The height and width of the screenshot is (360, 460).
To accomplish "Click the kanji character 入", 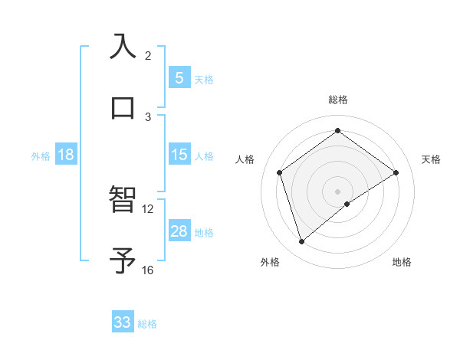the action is tap(123, 46).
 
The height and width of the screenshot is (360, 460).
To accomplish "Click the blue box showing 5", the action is tap(179, 77).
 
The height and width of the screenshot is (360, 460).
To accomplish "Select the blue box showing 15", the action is tap(179, 155).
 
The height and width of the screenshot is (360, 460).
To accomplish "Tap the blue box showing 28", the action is tap(179, 231).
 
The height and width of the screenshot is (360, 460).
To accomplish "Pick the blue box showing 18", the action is tap(66, 155).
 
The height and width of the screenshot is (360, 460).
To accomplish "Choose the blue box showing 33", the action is tap(123, 322).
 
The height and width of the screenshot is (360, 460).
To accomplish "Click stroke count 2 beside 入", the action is tap(148, 55).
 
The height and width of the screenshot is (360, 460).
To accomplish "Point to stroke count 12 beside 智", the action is tap(148, 208).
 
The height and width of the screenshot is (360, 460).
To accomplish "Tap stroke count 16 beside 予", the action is tap(148, 270).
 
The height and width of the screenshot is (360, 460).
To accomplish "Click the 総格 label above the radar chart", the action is tap(338, 100).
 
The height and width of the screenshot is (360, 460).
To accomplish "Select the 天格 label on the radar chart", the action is tap(431, 159).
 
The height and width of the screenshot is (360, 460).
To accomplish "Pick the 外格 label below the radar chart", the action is tap(270, 262).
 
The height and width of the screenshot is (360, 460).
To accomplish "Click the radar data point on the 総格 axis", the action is tap(338, 131).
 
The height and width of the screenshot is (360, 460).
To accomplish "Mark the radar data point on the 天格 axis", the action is tap(396, 172).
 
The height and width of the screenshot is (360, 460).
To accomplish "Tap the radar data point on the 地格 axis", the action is tap(347, 204).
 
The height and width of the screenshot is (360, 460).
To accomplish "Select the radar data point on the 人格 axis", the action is tap(280, 172).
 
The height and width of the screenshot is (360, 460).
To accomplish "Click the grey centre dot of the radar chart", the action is tap(338, 191).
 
